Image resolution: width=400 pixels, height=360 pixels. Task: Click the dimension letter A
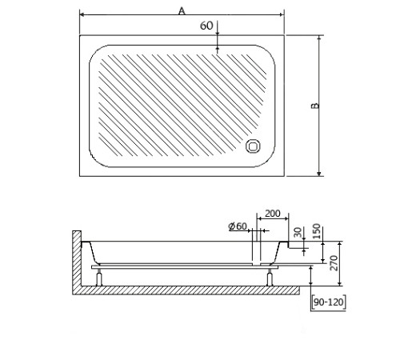[182, 11]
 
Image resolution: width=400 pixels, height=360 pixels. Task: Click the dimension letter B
[315, 106]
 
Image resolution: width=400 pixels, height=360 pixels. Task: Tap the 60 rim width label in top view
[206, 26]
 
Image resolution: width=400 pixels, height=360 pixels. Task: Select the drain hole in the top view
[253, 146]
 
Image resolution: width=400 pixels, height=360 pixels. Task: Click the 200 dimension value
[273, 214]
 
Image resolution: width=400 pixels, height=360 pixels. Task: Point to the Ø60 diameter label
[238, 226]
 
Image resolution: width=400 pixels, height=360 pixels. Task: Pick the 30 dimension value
[298, 232]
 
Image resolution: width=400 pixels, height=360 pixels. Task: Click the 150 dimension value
[316, 231]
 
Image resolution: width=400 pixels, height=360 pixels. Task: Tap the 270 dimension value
[334, 262]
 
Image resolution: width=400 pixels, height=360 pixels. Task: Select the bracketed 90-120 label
[329, 302]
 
